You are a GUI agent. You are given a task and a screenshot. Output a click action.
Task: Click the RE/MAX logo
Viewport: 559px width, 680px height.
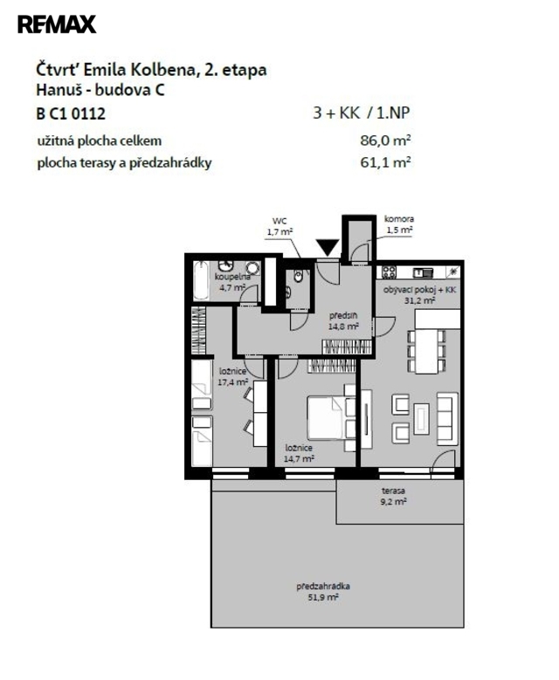coord(57,24)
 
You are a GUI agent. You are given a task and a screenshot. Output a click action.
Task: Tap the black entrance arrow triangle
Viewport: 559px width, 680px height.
coord(328,247)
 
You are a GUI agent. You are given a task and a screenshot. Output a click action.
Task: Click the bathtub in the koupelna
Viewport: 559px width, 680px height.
coord(201,280)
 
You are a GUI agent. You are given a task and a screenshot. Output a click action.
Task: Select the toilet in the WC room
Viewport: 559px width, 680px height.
coord(298,276)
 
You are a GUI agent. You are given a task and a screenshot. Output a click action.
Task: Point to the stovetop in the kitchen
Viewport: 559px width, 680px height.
coord(389,272)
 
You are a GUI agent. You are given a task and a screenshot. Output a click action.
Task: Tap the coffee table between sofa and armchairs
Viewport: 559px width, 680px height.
coord(421,418)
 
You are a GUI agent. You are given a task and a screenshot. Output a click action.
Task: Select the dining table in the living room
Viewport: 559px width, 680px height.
coord(426,351)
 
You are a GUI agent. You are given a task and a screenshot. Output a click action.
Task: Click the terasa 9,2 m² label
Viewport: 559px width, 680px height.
coord(394,496)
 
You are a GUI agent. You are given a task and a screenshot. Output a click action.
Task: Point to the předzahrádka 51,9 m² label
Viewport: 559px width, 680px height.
coord(323,592)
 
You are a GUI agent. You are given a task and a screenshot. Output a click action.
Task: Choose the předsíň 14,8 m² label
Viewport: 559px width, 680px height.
coord(343,321)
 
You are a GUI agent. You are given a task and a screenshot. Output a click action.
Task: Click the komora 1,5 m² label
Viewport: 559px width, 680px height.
coord(399,224)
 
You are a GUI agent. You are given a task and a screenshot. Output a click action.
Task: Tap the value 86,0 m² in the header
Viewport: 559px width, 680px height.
coord(385,141)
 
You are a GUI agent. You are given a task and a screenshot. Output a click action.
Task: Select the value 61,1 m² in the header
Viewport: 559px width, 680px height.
coord(385,162)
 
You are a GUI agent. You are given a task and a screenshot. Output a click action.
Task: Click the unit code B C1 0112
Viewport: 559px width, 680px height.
coord(71,113)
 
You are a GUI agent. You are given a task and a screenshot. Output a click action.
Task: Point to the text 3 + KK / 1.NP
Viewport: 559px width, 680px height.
coord(362,113)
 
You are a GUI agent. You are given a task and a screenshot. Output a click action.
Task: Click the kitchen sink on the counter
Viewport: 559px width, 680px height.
coord(423,272)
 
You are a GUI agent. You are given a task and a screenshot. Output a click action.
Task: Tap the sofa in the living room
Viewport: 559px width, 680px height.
coord(447,418)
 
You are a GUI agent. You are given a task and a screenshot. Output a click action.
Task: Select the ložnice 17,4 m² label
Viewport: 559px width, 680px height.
coord(233,376)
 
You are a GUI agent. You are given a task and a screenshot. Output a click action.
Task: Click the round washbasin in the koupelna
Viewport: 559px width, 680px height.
coord(252,268)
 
